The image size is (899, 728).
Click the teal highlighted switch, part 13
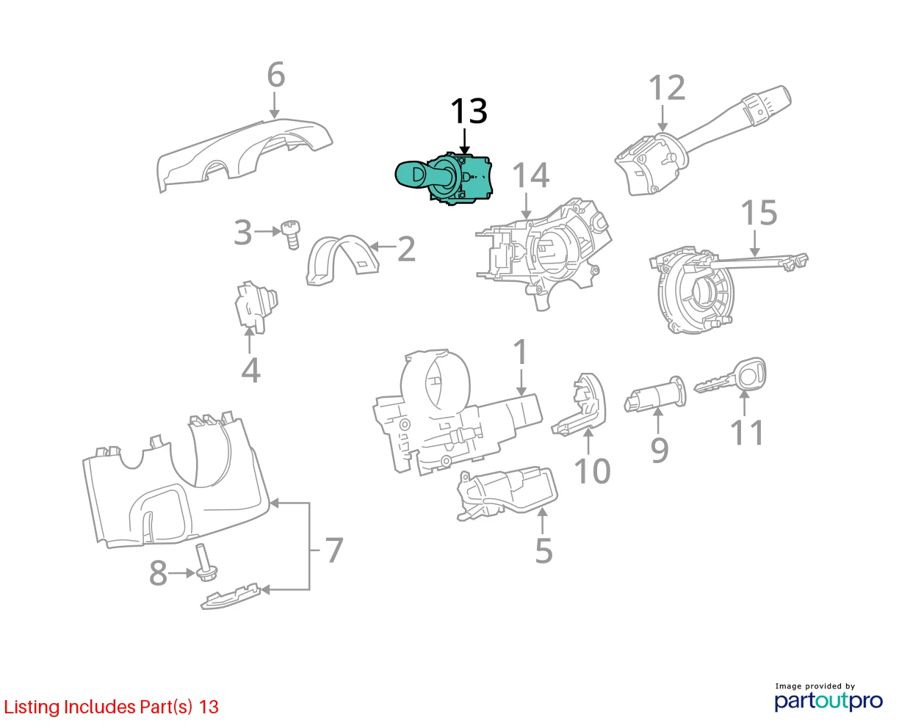[443, 179]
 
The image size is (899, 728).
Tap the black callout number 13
[469, 111]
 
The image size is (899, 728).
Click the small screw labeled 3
[291, 235]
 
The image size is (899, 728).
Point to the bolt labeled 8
[205, 562]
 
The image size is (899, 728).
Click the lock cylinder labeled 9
[654, 395]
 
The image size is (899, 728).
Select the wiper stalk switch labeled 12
[701, 142]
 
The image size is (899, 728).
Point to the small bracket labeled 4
[256, 307]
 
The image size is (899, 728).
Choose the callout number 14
[530, 175]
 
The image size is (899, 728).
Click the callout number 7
[334, 550]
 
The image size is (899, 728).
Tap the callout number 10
[592, 470]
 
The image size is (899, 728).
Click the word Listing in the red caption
[32, 707]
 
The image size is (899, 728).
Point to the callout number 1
[521, 352]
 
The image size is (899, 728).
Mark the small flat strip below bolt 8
[230, 596]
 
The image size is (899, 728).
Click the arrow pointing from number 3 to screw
[267, 231]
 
